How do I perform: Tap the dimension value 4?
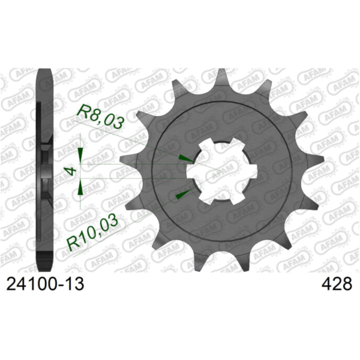(x=72, y=171)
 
